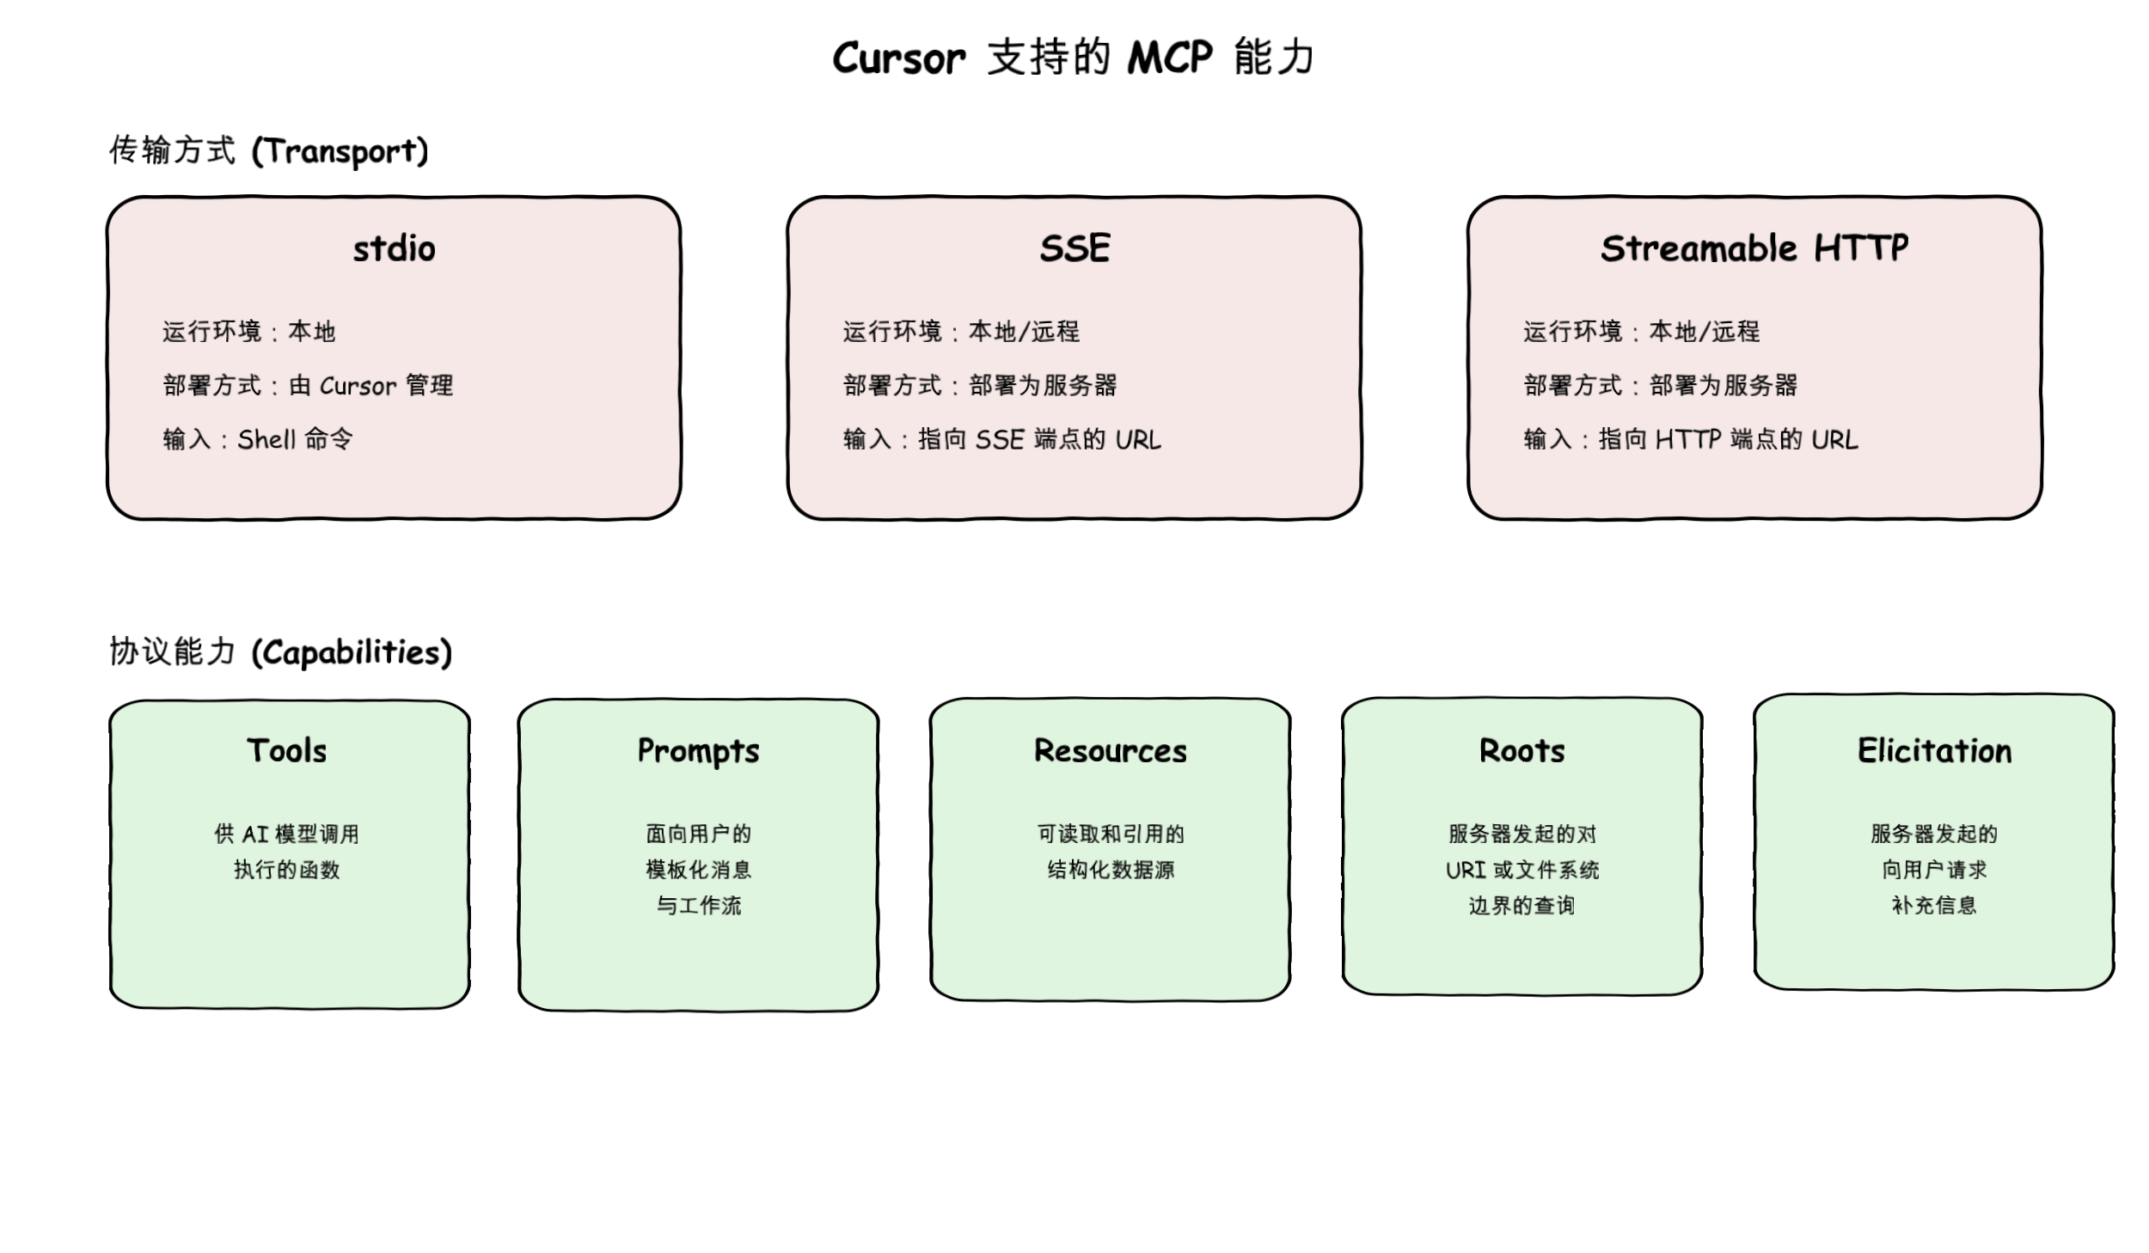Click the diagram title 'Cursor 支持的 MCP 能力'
[x=1073, y=58]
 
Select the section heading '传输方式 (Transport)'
[x=268, y=150]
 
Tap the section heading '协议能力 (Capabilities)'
[x=280, y=652]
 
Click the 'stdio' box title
[x=394, y=249]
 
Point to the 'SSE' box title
[x=1074, y=248]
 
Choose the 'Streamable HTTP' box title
[x=1754, y=248]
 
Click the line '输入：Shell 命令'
[x=258, y=439]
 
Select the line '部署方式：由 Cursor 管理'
[x=308, y=385]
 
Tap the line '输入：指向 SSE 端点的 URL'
[x=1001, y=439]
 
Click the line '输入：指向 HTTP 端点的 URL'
[x=1690, y=439]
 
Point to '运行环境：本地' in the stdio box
[x=248, y=331]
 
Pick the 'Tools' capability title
[x=287, y=750]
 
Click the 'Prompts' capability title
[x=698, y=750]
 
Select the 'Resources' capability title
[x=1110, y=750]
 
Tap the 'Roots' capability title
[x=1521, y=750]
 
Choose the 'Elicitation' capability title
[x=1934, y=750]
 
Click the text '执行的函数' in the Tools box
[x=287, y=870]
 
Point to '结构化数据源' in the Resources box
[x=1110, y=870]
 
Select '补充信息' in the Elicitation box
[x=1934, y=905]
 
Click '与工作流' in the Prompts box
[x=698, y=905]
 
